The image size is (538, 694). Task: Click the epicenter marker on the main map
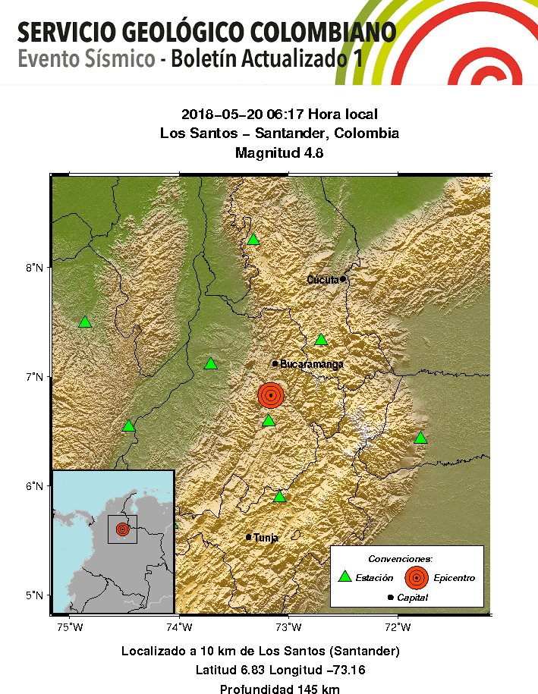click(x=271, y=394)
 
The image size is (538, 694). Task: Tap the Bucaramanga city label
click(x=311, y=364)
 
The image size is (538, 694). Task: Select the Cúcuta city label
click(x=322, y=280)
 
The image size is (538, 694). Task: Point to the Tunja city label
click(x=266, y=538)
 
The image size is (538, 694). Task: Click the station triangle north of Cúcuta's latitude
click(x=253, y=240)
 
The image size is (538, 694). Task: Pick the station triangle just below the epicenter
click(x=269, y=421)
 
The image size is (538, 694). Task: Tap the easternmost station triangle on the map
click(x=421, y=438)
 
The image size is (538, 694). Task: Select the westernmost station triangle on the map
click(x=85, y=322)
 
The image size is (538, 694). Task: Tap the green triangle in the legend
click(x=345, y=576)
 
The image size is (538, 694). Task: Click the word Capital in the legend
click(x=412, y=598)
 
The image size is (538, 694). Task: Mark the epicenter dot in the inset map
click(x=123, y=529)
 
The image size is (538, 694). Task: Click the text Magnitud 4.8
click(x=279, y=152)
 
